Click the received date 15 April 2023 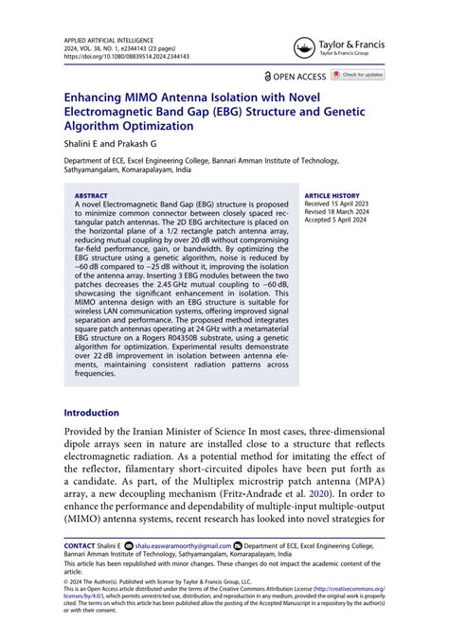353,205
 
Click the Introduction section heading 91,413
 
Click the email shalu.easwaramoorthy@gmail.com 182,546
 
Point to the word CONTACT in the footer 79,546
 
